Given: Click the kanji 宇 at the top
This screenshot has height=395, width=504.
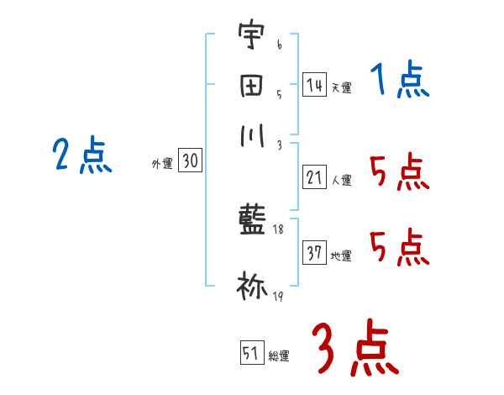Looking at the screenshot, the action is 250,38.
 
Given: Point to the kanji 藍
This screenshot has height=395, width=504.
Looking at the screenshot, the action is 251,222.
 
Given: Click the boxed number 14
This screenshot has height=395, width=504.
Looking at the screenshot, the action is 313,85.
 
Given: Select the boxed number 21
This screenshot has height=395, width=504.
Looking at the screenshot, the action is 314,177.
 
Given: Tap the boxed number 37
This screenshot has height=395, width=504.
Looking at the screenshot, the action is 314,253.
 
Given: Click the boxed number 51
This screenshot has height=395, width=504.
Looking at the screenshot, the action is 251,353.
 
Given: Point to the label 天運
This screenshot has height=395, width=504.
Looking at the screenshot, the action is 340,87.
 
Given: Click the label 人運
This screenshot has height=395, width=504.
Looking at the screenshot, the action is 341,180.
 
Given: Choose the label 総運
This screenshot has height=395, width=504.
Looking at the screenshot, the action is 279,355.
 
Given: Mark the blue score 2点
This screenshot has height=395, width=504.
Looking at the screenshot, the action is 81,156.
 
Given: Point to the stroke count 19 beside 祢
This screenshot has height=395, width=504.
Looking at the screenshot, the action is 276,297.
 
